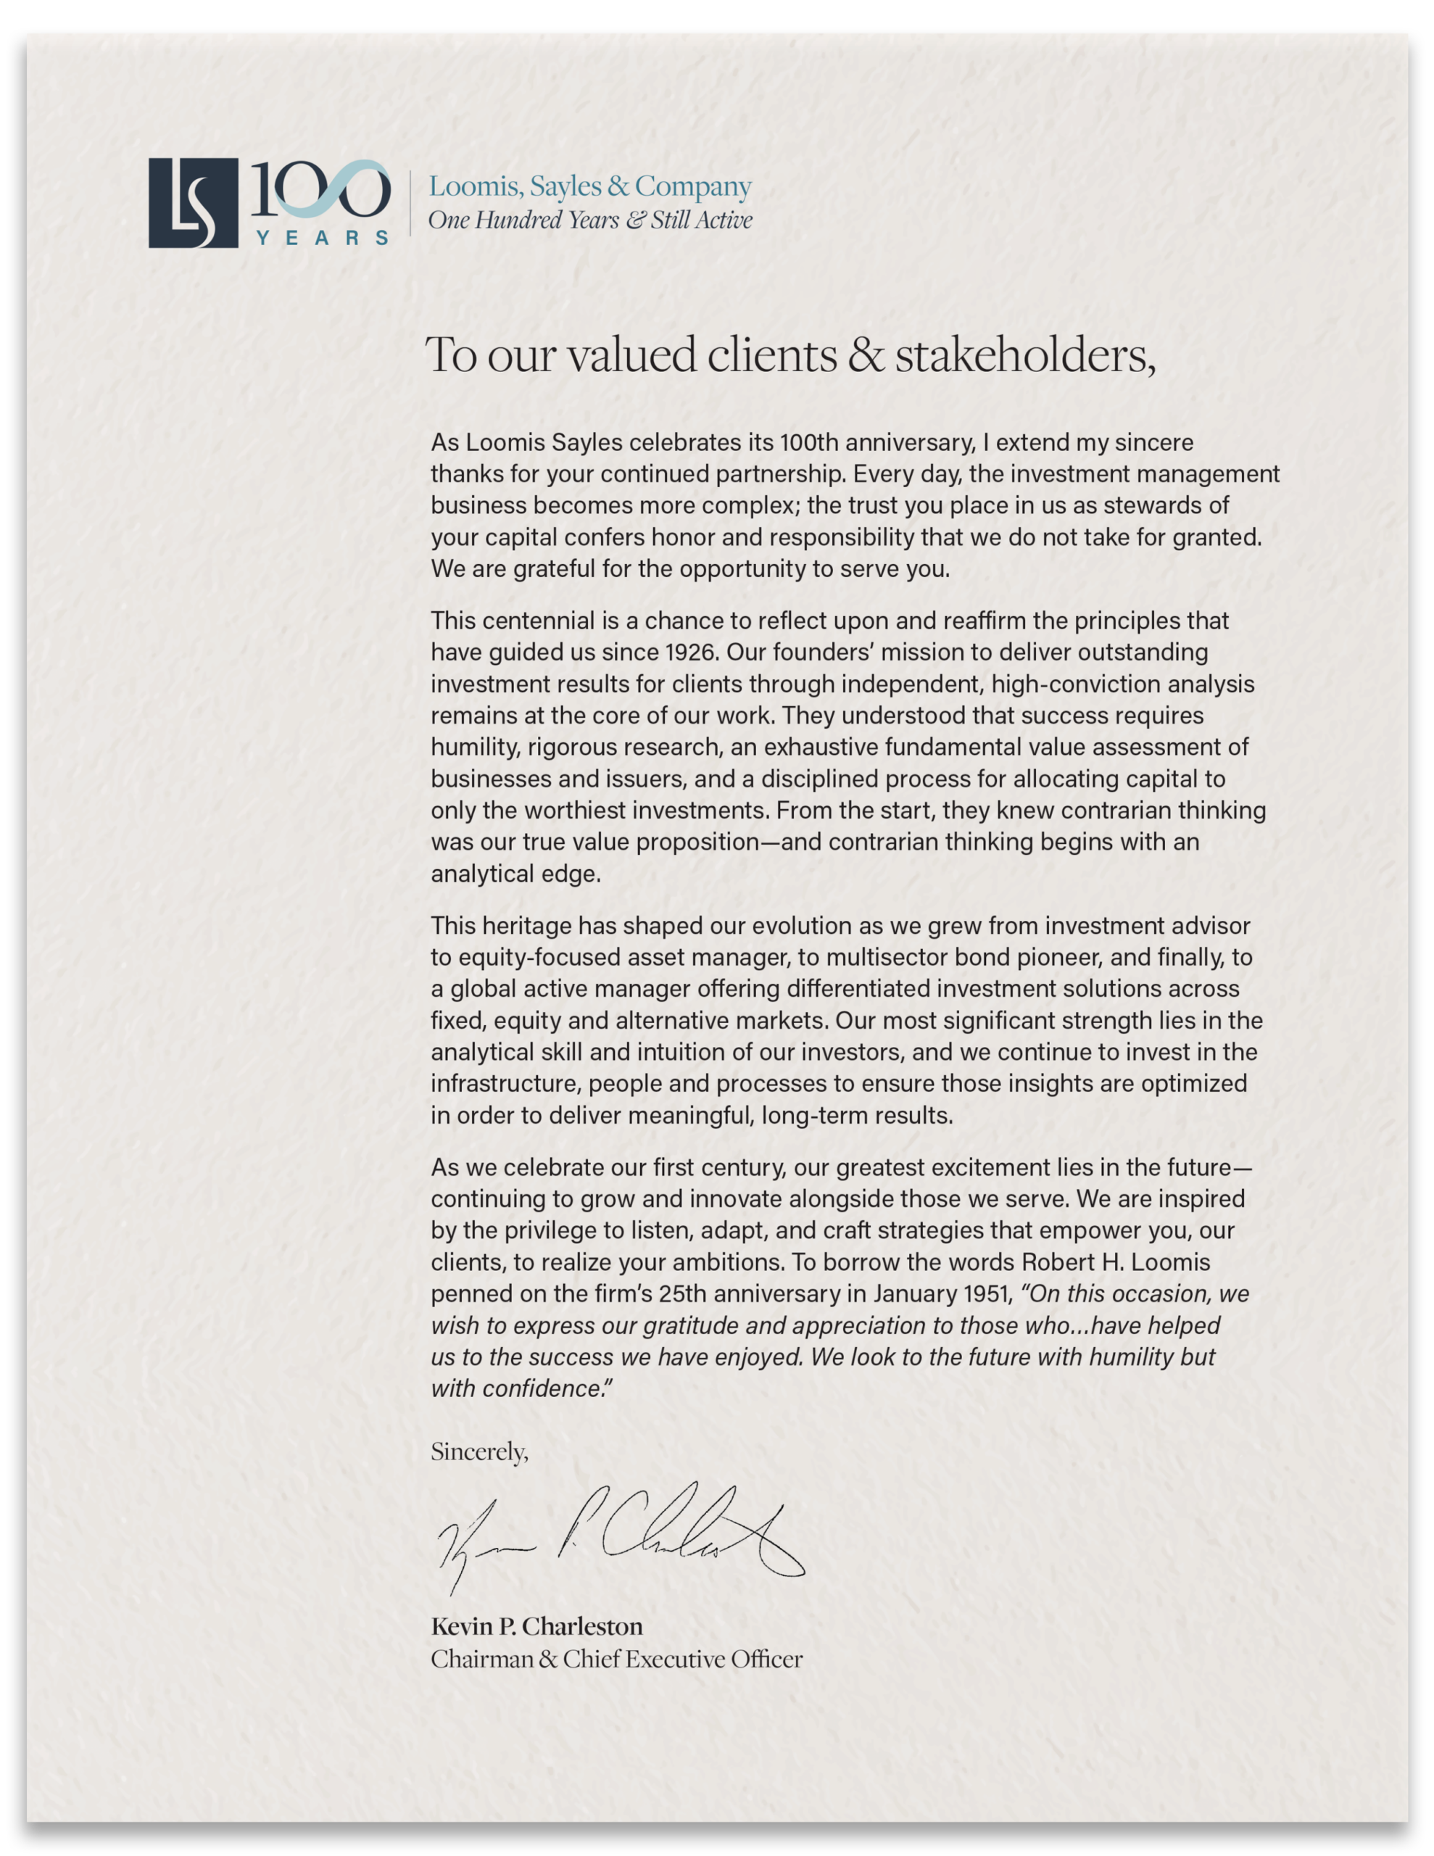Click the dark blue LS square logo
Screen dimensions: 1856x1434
tap(193, 203)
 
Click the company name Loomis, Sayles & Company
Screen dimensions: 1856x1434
tap(590, 186)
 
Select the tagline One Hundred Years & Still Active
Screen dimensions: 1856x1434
tap(590, 220)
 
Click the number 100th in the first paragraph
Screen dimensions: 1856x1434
tap(808, 443)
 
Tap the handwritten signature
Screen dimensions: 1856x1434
tap(621, 1541)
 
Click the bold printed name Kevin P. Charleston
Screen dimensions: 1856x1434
tap(536, 1627)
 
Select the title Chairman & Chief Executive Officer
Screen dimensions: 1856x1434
tap(616, 1659)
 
